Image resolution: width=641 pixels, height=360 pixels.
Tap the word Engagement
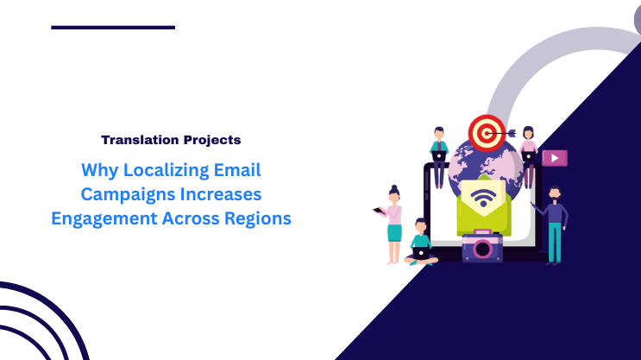point(104,218)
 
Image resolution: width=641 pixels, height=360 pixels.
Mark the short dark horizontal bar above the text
point(113,28)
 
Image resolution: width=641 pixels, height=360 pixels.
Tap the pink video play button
point(555,158)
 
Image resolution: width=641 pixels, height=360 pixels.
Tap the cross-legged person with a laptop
point(421,243)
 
